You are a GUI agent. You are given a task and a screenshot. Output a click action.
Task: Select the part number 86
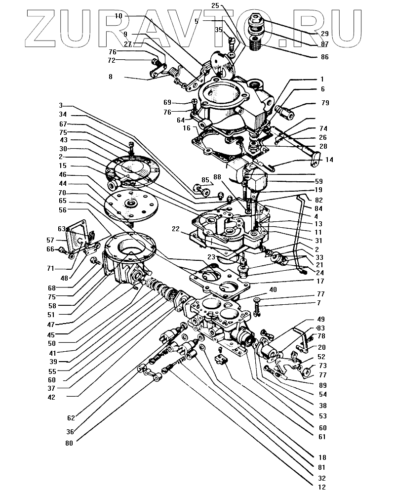324,57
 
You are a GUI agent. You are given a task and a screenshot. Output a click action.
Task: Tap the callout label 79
324,103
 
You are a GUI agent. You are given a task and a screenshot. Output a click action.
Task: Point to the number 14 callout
329,160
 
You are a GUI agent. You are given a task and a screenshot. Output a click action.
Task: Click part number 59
319,181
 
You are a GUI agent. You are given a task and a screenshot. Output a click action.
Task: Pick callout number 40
273,289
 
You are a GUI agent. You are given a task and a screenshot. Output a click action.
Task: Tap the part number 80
69,443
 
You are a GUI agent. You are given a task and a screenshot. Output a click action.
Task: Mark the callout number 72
112,60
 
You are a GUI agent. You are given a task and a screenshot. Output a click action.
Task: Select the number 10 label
118,16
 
